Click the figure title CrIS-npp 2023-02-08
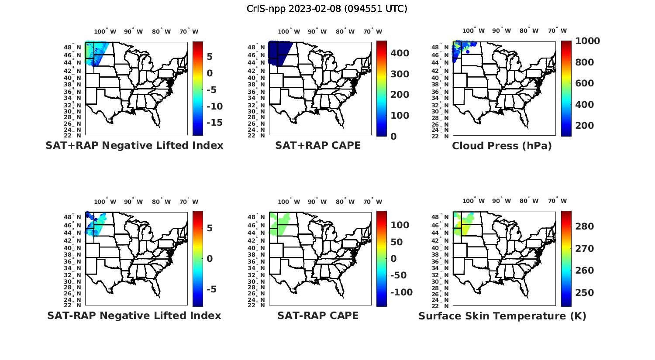327,9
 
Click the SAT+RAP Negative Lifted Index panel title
134,145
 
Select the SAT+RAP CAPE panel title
318,145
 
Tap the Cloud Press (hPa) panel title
502,146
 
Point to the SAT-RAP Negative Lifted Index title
134,315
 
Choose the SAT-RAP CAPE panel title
318,315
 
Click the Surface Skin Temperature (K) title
502,316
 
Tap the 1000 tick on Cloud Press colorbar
587,41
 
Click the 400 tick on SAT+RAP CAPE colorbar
400,53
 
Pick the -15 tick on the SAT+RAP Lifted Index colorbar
214,123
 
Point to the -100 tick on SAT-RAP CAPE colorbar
401,292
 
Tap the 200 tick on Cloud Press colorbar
585,126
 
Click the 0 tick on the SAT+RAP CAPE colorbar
393,136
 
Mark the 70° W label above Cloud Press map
557,31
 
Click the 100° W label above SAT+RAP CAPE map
289,31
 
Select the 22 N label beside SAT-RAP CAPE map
256,305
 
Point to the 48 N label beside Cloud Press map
441,47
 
